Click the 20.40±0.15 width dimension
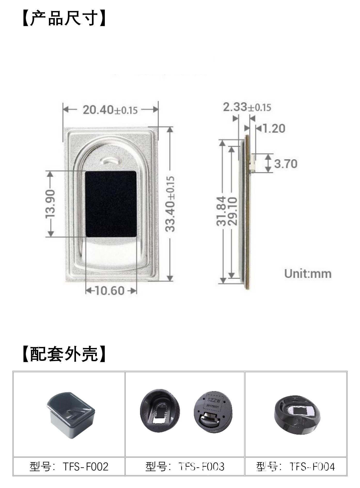coord(110,110)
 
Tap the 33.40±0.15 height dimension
coord(170,204)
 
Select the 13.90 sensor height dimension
coord(51,204)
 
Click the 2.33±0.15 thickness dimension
coord(247,107)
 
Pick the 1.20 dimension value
coord(274,128)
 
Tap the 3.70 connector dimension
coord(286,164)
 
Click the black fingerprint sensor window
coord(111,204)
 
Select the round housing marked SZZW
coord(213,410)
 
